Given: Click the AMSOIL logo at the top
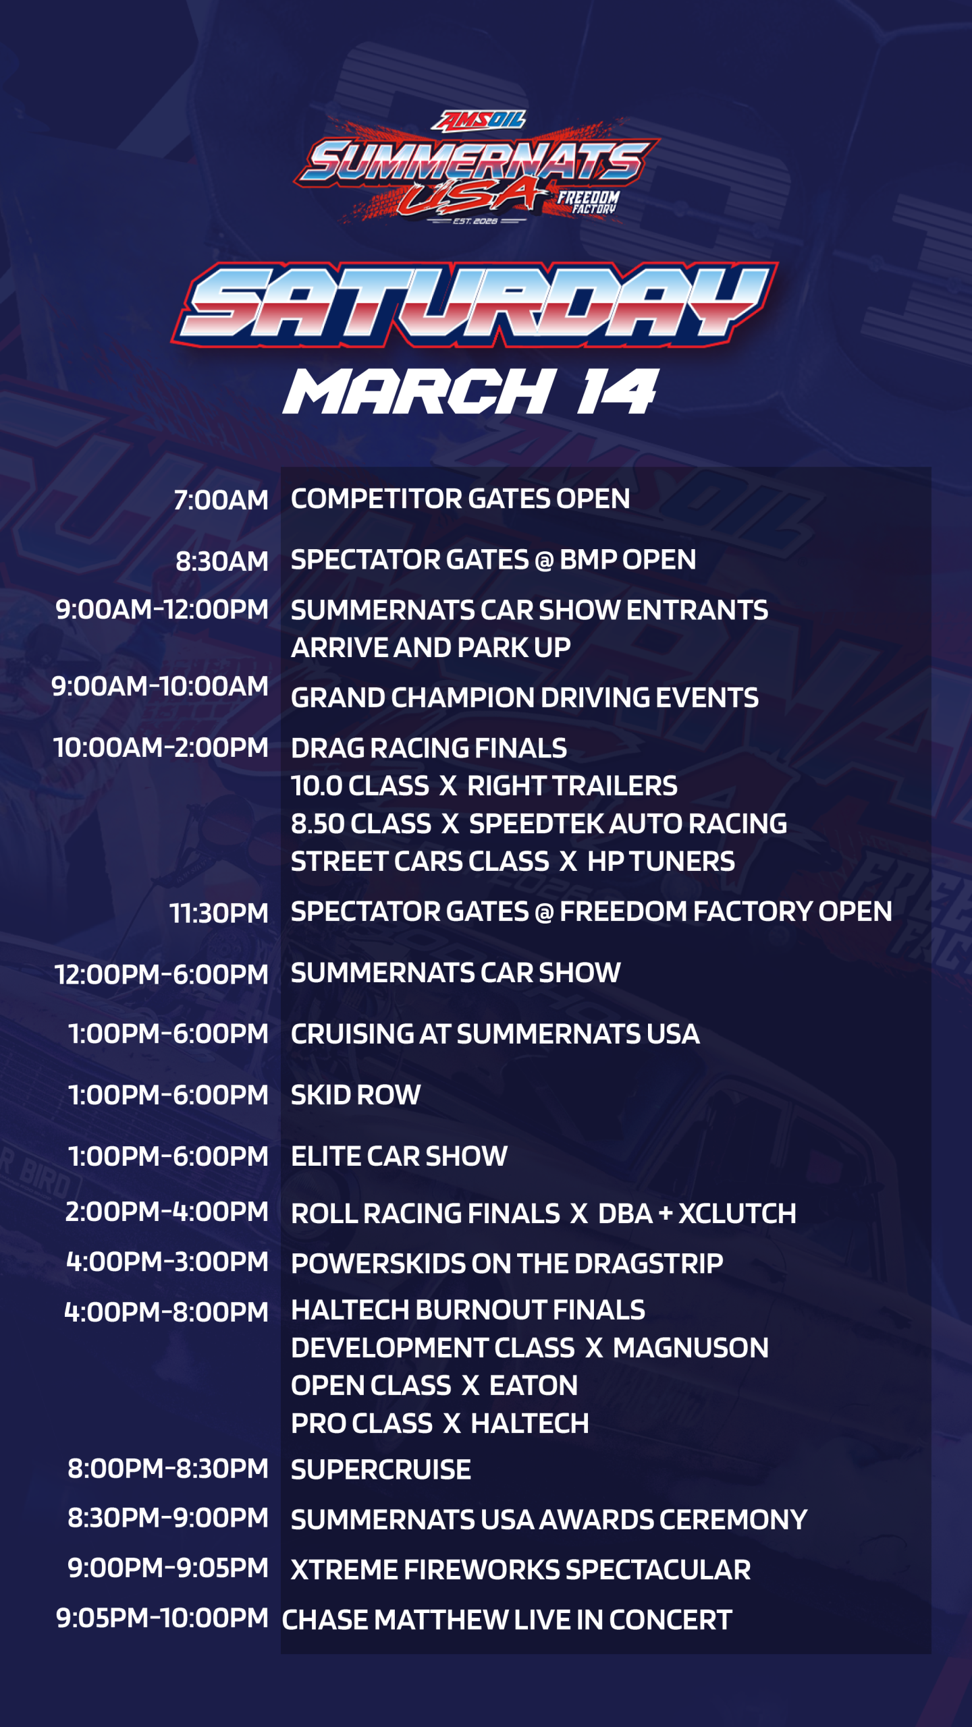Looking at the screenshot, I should [x=479, y=120].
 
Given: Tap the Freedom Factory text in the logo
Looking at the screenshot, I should [x=587, y=202].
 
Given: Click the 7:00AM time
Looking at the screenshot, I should [x=221, y=501].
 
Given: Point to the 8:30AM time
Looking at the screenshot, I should [x=221, y=561].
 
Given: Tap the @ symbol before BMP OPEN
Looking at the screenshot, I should [x=543, y=561].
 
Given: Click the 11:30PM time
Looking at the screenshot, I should [x=219, y=913].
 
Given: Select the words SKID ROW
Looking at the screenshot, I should [x=356, y=1095].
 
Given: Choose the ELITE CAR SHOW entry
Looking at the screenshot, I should [x=399, y=1156].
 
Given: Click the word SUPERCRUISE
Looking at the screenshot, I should [x=381, y=1470].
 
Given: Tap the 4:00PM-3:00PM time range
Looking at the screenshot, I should [x=167, y=1262].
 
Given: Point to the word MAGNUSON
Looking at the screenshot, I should [x=691, y=1348].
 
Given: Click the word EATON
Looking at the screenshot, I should [x=533, y=1386].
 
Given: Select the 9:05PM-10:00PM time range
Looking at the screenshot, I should [x=162, y=1618].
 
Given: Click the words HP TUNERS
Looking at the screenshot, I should [x=661, y=861].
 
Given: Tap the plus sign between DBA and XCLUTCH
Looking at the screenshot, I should [x=666, y=1214].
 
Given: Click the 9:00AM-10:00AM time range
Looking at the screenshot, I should [x=160, y=687].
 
